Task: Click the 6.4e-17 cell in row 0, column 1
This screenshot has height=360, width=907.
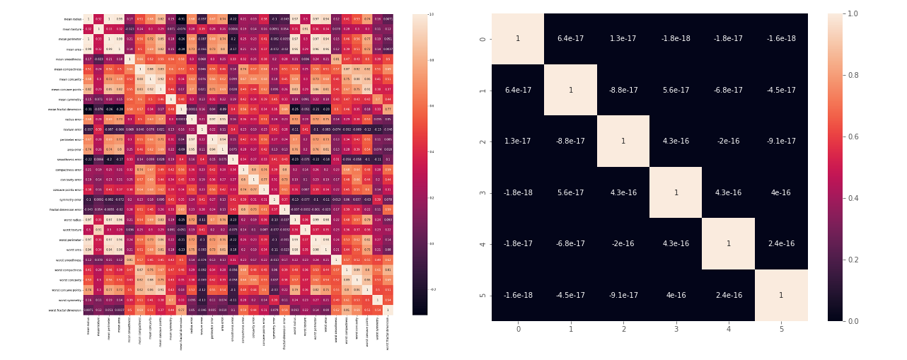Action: coord(570,39)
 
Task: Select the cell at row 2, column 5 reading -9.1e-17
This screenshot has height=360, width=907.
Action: coord(781,141)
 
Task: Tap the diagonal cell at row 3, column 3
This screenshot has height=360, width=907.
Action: coord(676,192)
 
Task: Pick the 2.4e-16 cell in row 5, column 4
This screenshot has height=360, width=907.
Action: coord(729,295)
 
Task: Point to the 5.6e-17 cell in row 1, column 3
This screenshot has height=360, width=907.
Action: coord(676,90)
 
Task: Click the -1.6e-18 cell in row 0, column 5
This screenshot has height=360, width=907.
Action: coord(781,39)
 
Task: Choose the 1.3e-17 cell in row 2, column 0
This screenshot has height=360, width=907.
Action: coord(518,141)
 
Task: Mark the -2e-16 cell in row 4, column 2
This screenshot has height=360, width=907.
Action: coord(623,244)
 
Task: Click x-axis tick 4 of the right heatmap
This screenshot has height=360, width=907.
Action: coord(729,329)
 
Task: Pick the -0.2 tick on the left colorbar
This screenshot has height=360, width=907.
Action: coord(432,289)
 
